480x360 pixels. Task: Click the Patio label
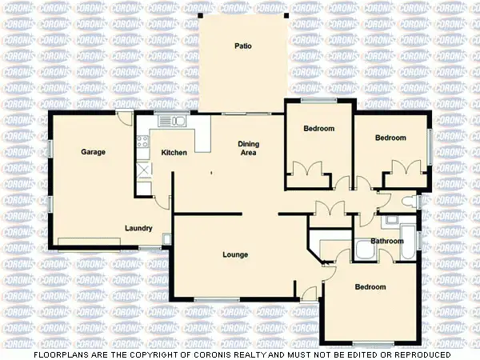[x=243, y=46]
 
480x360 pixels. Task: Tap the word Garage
[x=94, y=151]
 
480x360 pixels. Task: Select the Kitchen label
[x=174, y=153]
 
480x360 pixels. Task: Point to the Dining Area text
[x=248, y=148]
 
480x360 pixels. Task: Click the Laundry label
[x=138, y=228]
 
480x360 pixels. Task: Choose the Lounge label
[x=235, y=255]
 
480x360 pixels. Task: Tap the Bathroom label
[x=386, y=241]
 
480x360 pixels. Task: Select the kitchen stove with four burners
[x=142, y=146]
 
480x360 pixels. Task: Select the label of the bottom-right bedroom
[x=370, y=287]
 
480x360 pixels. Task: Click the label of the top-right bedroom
[x=391, y=138]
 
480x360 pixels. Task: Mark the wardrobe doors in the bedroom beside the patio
[x=307, y=170]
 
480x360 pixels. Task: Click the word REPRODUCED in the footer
[x=420, y=354]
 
